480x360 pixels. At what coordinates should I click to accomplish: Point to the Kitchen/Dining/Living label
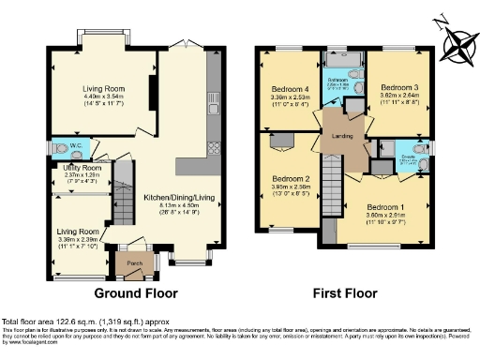178,198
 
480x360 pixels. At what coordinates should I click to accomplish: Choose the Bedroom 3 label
399,87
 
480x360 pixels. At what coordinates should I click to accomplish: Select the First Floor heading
345,293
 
